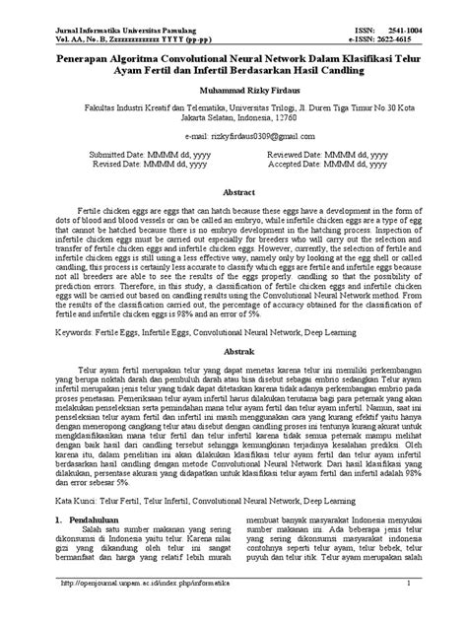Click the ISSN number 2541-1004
click(x=423, y=31)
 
